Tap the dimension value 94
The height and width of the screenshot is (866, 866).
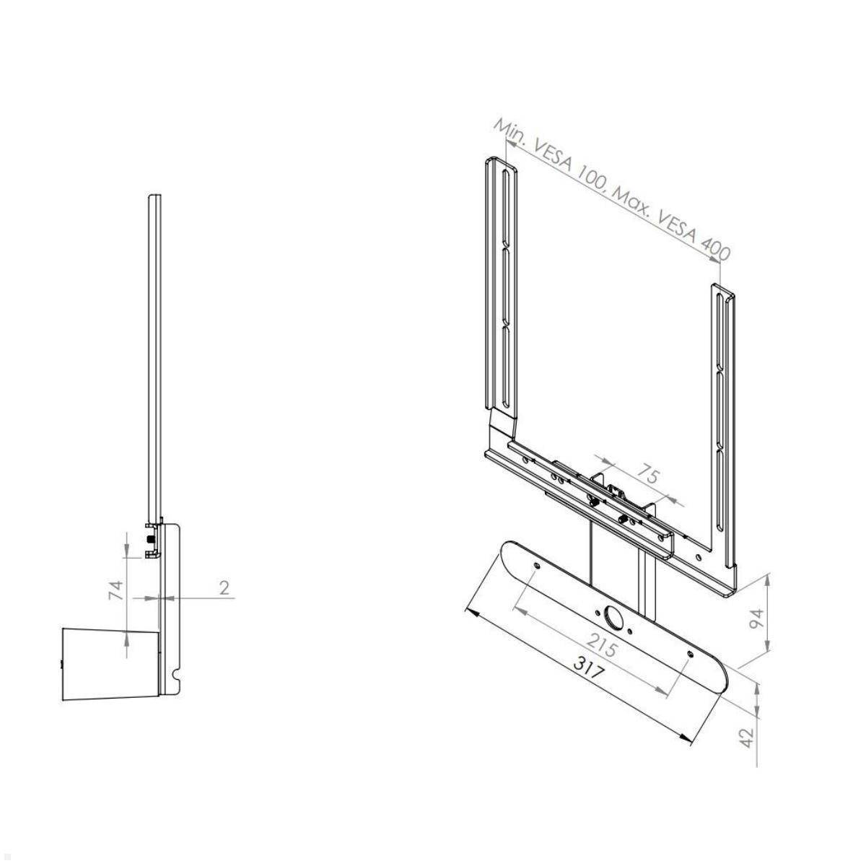pos(755,618)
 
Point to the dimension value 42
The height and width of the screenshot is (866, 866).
pos(748,737)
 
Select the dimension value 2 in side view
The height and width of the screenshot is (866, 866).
pos(224,587)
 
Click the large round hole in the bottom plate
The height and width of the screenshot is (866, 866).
pos(613,618)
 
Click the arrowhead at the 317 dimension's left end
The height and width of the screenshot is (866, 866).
pos(470,612)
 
